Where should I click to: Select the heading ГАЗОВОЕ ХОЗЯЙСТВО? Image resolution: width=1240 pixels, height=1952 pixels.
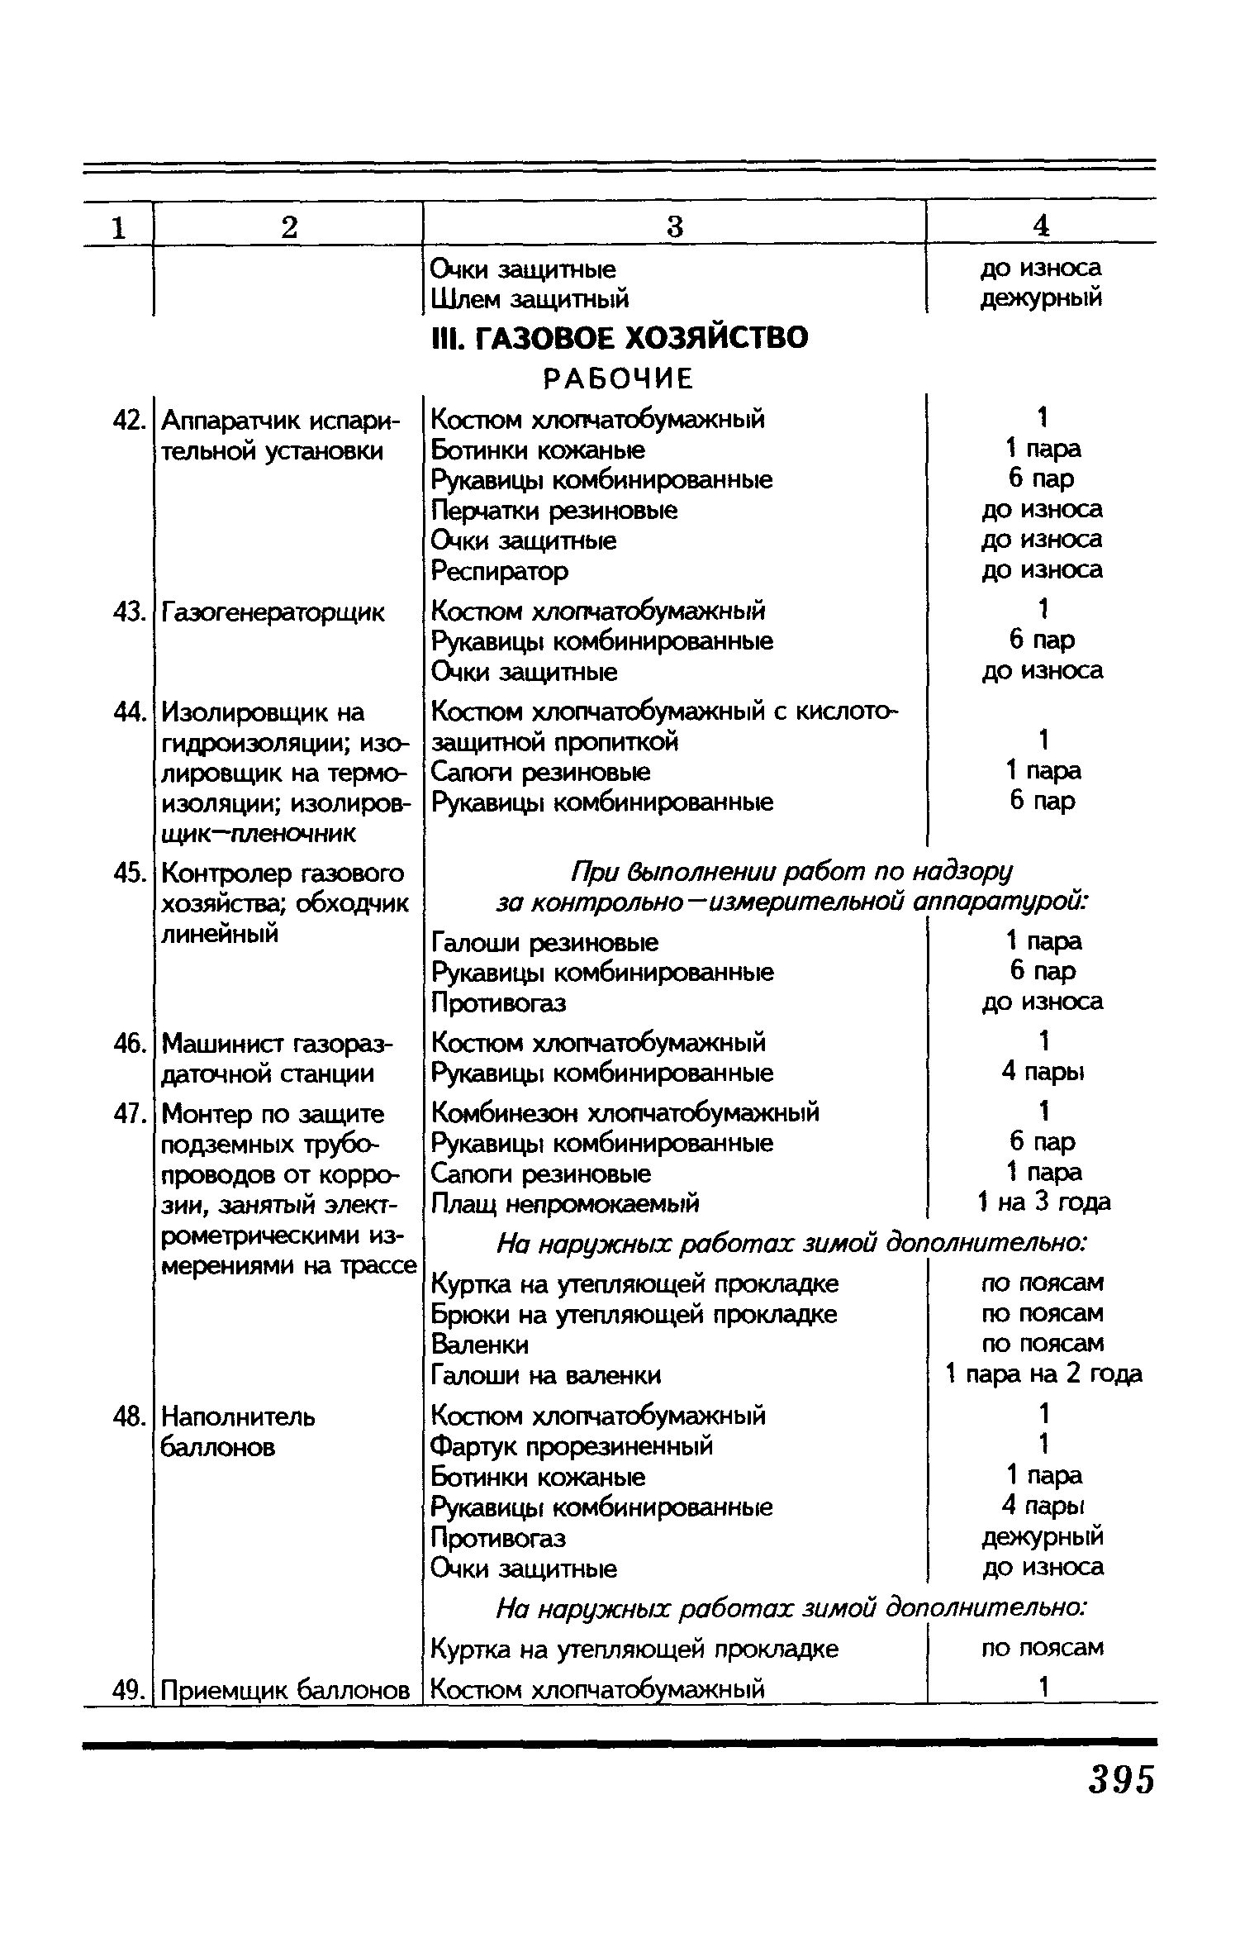[620, 337]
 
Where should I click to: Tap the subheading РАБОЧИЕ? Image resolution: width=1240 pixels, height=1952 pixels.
[618, 378]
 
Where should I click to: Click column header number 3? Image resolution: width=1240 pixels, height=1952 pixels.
[675, 226]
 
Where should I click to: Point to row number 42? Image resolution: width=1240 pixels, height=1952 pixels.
[129, 421]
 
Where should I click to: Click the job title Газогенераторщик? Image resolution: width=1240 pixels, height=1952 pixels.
[273, 612]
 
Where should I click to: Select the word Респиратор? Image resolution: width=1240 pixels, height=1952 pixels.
[500, 570]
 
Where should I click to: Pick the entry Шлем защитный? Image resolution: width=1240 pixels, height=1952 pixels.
[530, 298]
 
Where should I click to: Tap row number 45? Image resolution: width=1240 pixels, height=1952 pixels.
[129, 874]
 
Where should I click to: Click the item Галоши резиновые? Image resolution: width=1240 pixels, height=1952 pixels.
[545, 942]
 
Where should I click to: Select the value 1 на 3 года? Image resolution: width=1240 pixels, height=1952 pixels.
[1043, 1202]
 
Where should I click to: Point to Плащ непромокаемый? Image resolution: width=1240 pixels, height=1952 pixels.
[566, 1203]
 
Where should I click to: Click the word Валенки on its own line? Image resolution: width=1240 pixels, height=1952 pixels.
[480, 1345]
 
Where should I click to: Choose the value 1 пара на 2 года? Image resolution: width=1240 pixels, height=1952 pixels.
[1043, 1374]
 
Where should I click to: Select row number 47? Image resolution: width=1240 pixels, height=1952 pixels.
[129, 1114]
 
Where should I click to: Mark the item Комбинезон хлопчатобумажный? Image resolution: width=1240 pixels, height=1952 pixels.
[625, 1112]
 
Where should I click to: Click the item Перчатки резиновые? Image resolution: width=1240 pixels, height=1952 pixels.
[554, 511]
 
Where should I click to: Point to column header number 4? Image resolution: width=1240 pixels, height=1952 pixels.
[1042, 225]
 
